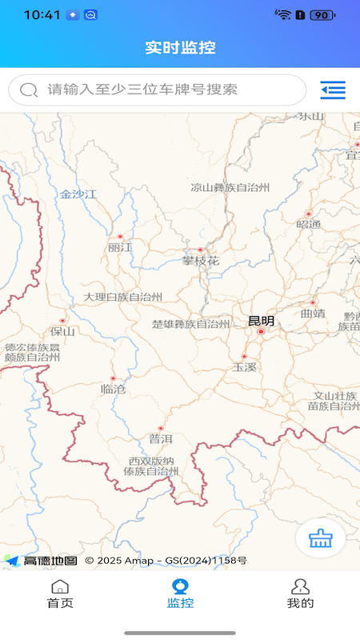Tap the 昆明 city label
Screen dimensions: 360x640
(261, 322)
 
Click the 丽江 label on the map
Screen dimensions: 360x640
(120, 248)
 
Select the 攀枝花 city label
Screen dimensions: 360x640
(200, 261)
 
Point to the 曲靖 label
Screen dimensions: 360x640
(313, 314)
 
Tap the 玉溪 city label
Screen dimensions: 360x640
(244, 367)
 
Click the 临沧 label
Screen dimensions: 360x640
(113, 389)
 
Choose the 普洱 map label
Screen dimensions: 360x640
(160, 438)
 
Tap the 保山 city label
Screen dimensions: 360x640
(62, 331)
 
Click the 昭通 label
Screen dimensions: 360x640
(308, 225)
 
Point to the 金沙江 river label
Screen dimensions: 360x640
(78, 194)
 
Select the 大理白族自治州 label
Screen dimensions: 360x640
(123, 297)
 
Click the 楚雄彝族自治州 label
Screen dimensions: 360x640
(191, 324)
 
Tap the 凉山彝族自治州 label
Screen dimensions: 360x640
(230, 188)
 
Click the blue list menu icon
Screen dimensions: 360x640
(333, 90)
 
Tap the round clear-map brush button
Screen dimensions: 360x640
(320, 538)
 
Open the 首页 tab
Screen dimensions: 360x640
(60, 594)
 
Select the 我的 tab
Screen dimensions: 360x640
(300, 594)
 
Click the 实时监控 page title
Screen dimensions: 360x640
(180, 47)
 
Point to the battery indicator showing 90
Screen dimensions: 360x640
(322, 14)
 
